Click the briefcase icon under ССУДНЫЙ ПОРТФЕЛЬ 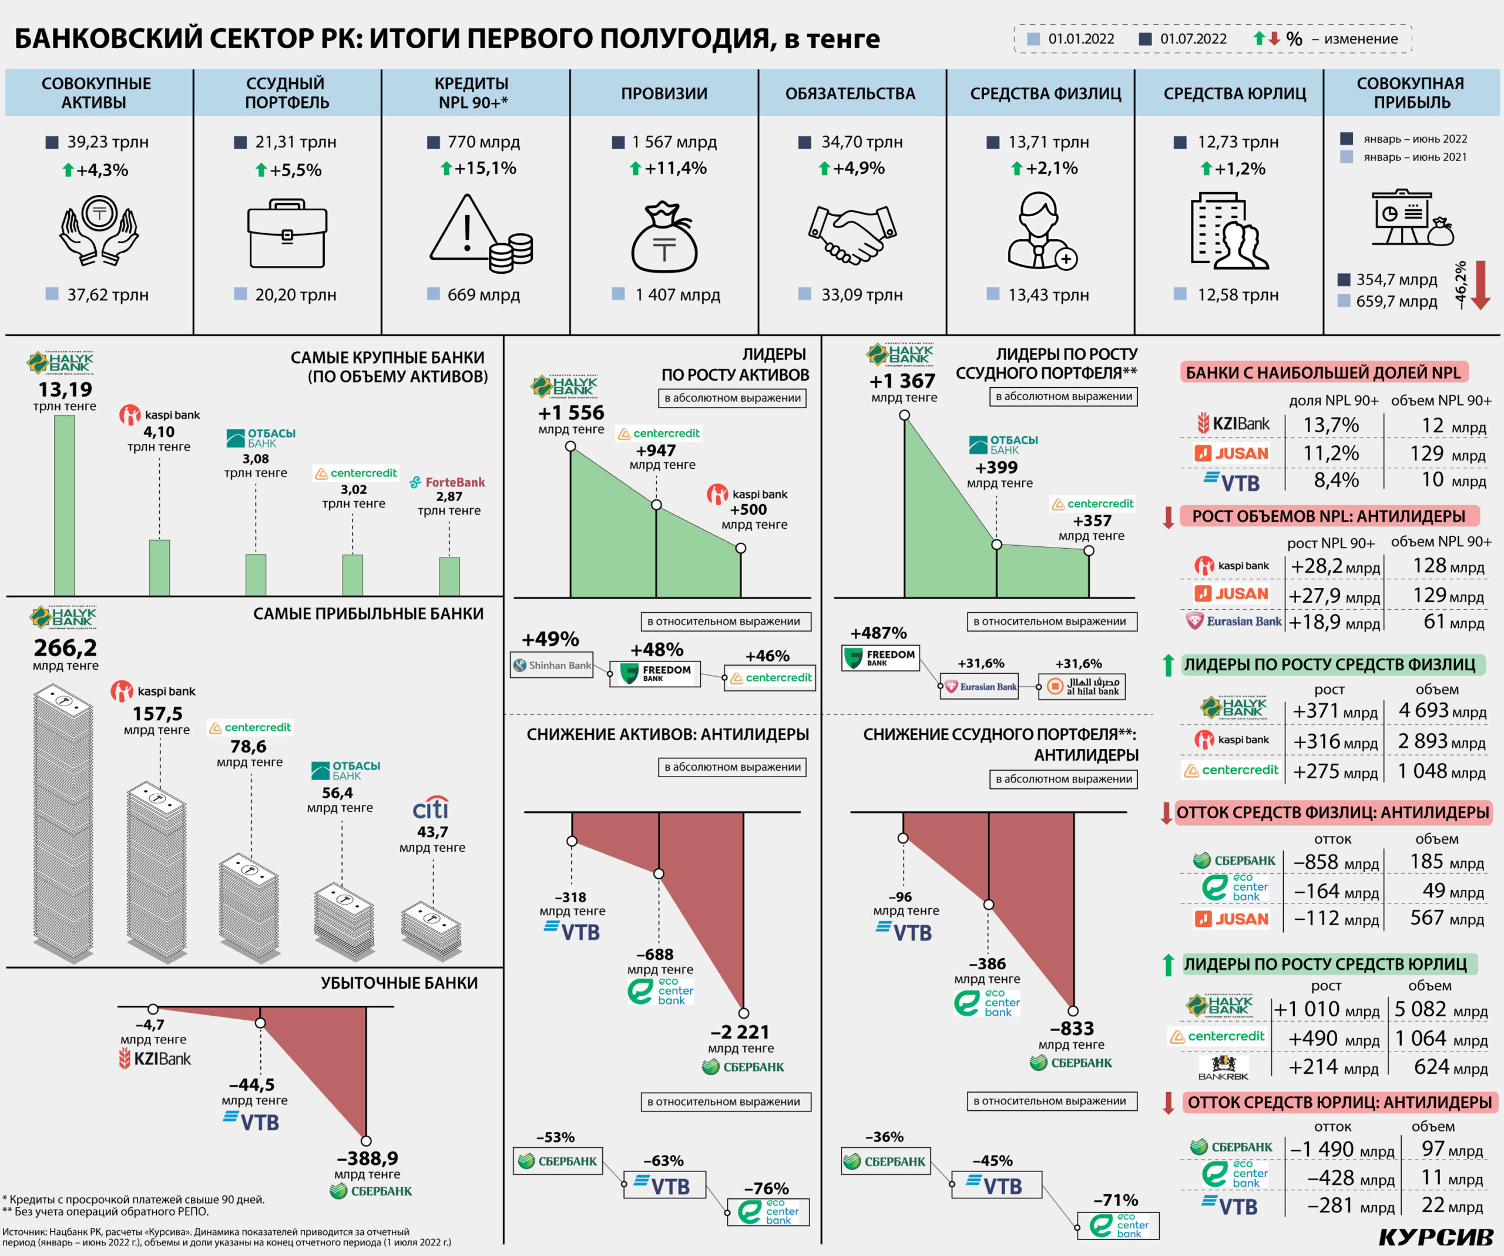click(287, 234)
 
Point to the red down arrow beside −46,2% click(1480, 285)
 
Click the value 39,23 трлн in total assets click(108, 142)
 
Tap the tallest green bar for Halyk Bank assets click(65, 505)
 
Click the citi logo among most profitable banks click(431, 808)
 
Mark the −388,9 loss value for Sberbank click(367, 1158)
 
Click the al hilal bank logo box click(1082, 686)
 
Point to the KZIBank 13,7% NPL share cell click(1331, 425)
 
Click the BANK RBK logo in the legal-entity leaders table click(1223, 1067)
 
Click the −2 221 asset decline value click(740, 1032)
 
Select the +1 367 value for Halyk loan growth click(902, 381)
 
